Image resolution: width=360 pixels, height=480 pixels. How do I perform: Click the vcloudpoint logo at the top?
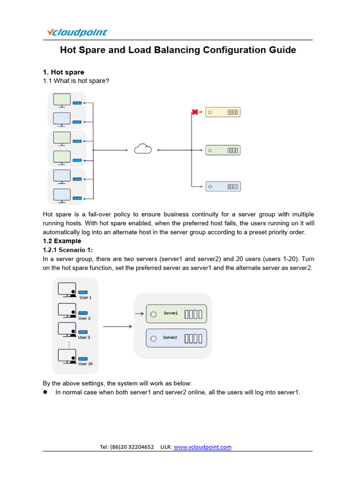(x=77, y=32)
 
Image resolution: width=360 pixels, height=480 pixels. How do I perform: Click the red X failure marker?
(x=195, y=112)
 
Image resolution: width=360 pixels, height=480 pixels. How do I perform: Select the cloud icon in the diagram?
(x=143, y=149)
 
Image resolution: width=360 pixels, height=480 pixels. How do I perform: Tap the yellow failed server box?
(x=223, y=112)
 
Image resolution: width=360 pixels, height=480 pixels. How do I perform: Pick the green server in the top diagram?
(x=223, y=150)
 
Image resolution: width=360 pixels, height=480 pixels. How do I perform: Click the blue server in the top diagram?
(x=223, y=186)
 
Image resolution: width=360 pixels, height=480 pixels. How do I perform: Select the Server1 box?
(x=176, y=314)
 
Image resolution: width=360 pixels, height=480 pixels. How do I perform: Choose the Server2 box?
(x=176, y=337)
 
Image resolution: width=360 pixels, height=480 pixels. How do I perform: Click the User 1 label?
(x=85, y=298)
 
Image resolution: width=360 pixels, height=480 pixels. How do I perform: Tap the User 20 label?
(x=85, y=364)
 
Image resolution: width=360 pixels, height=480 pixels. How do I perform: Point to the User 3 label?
(x=84, y=337)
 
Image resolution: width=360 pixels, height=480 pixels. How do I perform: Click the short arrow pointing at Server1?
(x=139, y=314)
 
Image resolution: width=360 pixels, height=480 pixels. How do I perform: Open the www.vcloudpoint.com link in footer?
(x=202, y=447)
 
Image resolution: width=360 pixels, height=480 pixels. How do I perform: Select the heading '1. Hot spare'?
(x=63, y=72)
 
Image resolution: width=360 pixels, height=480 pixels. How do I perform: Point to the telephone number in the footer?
(x=127, y=447)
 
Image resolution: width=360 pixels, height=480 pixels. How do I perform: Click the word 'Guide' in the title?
(x=283, y=50)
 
